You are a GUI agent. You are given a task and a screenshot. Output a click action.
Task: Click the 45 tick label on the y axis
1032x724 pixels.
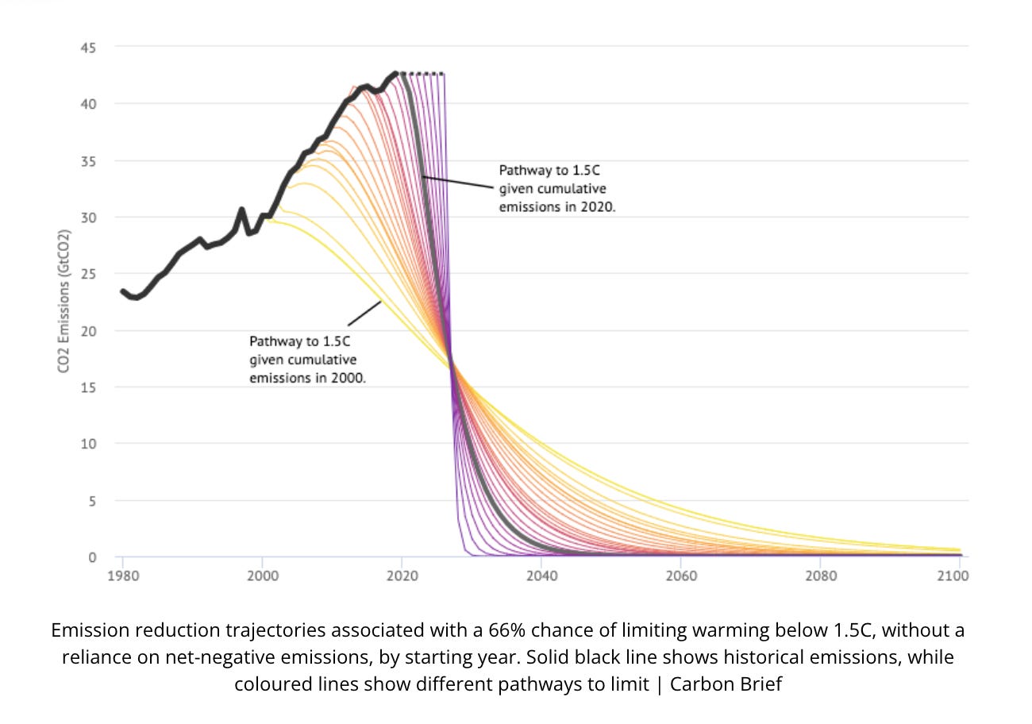87,48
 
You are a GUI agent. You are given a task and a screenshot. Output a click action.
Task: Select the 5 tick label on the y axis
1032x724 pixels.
90,501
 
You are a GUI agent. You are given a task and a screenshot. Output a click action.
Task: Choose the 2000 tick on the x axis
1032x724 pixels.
262,576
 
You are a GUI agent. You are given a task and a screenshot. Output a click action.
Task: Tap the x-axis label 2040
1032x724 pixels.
541,576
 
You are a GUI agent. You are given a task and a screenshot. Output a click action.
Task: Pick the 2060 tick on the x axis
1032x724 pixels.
681,576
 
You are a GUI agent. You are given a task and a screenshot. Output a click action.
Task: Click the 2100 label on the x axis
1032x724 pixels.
953,576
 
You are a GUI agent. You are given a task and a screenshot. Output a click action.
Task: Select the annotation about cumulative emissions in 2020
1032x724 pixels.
556,189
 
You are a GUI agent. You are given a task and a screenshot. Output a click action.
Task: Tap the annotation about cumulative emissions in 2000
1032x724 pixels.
307,360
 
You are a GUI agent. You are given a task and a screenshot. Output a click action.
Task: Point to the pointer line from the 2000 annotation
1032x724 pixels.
364,313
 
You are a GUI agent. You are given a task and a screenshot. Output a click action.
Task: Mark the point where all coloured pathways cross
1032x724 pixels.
452,364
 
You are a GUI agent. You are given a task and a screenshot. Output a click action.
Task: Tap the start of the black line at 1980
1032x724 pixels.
122,291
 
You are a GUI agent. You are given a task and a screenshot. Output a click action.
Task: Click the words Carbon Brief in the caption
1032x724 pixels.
726,684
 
